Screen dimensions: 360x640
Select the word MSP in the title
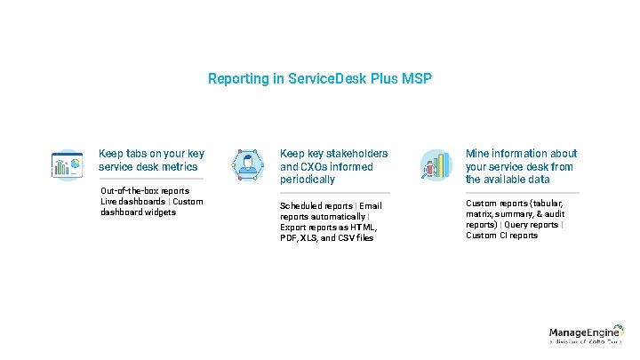417,79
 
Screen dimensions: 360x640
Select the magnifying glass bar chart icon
435,164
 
